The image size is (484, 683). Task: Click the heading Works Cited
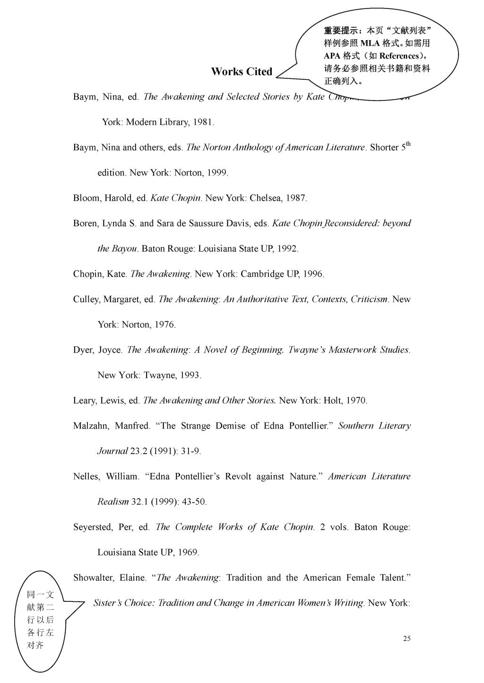click(242, 72)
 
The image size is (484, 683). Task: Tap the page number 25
click(406, 639)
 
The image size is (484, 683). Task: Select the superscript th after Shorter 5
click(408, 143)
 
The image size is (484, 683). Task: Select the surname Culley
click(86, 300)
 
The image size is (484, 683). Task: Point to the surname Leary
click(84, 401)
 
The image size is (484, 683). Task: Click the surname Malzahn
click(91, 426)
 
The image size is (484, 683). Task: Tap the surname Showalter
click(93, 578)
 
